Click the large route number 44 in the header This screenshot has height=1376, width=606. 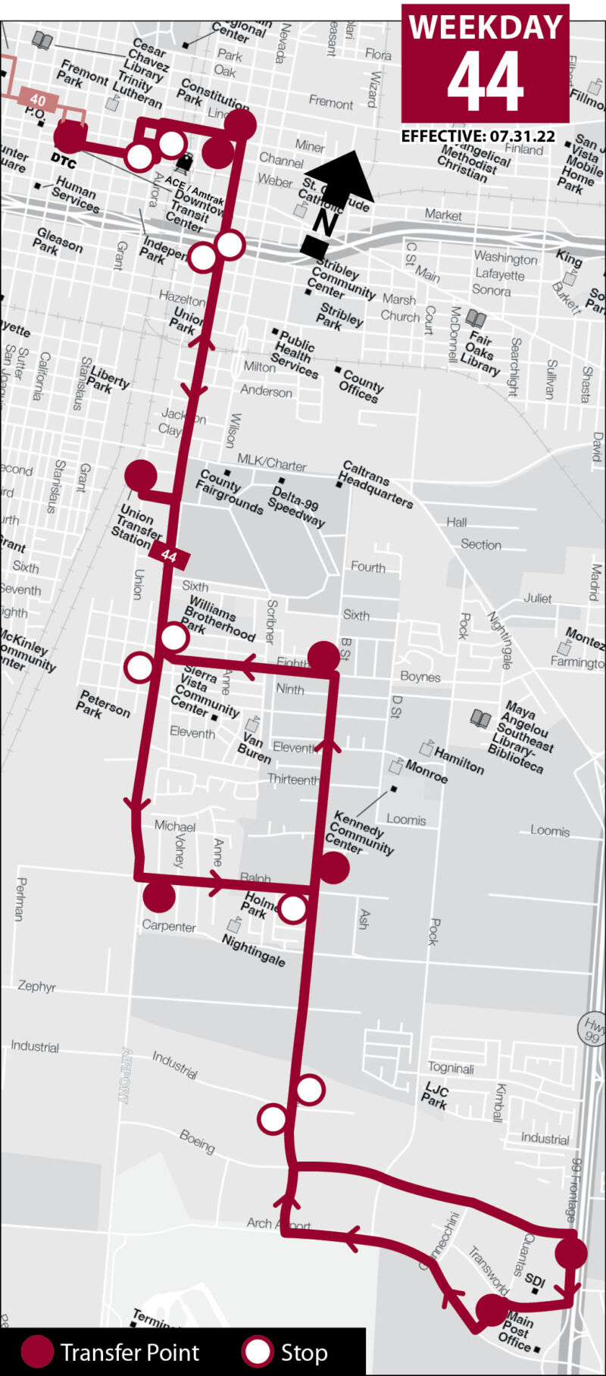[485, 82]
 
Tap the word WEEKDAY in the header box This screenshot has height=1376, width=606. [485, 27]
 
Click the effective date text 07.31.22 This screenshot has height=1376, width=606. [522, 136]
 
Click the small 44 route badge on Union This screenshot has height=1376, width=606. [169, 556]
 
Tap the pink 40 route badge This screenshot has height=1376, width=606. [38, 100]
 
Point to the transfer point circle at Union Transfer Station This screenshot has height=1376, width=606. [141, 476]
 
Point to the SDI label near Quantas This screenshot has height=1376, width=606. [535, 1281]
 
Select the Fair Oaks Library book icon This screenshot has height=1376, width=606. [476, 318]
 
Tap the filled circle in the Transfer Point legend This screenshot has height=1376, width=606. [36, 1353]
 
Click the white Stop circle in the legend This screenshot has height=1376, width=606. [258, 1353]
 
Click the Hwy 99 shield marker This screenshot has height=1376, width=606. [593, 1028]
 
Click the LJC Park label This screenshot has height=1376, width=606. [436, 1096]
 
